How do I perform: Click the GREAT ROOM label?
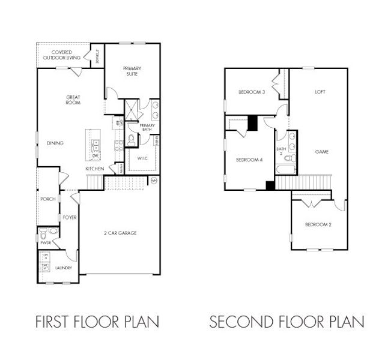[73, 100]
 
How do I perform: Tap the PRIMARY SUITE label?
[132, 71]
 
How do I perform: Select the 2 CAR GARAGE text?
[120, 233]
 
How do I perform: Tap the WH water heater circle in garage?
[153, 180]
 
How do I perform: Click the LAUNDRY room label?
[64, 268]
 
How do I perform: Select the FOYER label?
[69, 217]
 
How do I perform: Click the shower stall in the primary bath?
[130, 110]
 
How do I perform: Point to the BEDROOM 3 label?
[251, 92]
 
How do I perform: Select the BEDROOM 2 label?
[318, 224]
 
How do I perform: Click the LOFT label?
[321, 92]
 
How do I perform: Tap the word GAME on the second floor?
[322, 152]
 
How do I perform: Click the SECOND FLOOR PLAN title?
[286, 322]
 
